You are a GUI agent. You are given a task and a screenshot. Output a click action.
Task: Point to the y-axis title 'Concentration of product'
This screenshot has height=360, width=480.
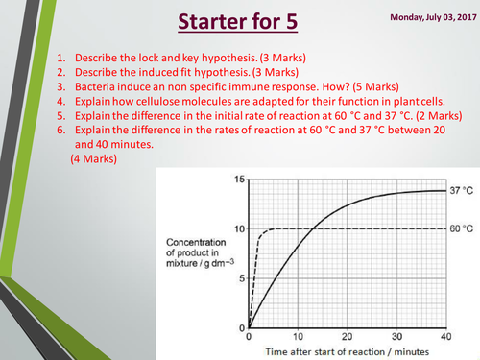(196, 250)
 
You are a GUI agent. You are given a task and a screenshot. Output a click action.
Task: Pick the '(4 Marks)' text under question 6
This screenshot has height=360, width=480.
(93, 159)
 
